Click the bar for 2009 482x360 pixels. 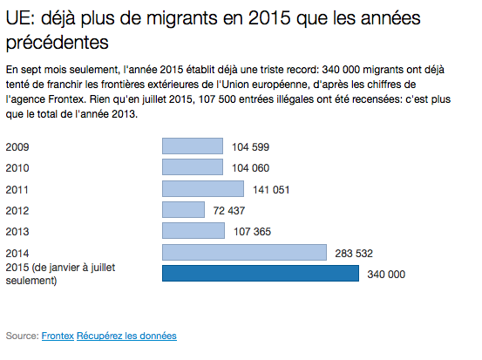click(193, 146)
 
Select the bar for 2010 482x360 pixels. click(193, 167)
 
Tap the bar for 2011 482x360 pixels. click(203, 188)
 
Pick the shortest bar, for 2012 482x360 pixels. click(183, 210)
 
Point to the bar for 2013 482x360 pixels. click(193, 231)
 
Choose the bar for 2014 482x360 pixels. click(244, 253)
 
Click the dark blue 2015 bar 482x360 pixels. click(261, 274)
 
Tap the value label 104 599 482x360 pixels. click(250, 147)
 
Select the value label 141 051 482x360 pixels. click(271, 190)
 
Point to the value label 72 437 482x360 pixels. click(229, 211)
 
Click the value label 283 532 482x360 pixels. click(354, 254)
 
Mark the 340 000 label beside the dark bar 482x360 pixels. click(386, 275)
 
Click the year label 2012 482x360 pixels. click(17, 211)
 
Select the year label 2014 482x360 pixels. click(17, 254)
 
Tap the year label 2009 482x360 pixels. click(17, 147)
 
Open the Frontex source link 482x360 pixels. click(58, 336)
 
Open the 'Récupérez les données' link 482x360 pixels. click(126, 336)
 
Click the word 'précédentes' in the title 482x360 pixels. click(58, 42)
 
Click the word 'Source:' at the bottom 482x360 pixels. click(22, 336)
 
